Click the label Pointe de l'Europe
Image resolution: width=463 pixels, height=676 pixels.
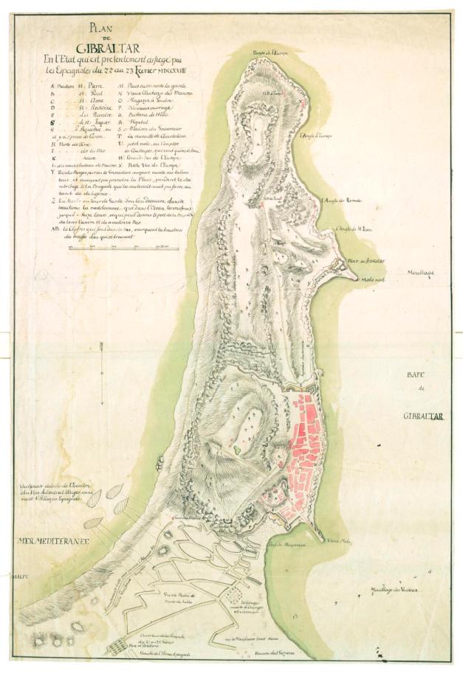(x=269, y=52)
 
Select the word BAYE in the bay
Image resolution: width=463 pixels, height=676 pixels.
(x=422, y=374)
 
